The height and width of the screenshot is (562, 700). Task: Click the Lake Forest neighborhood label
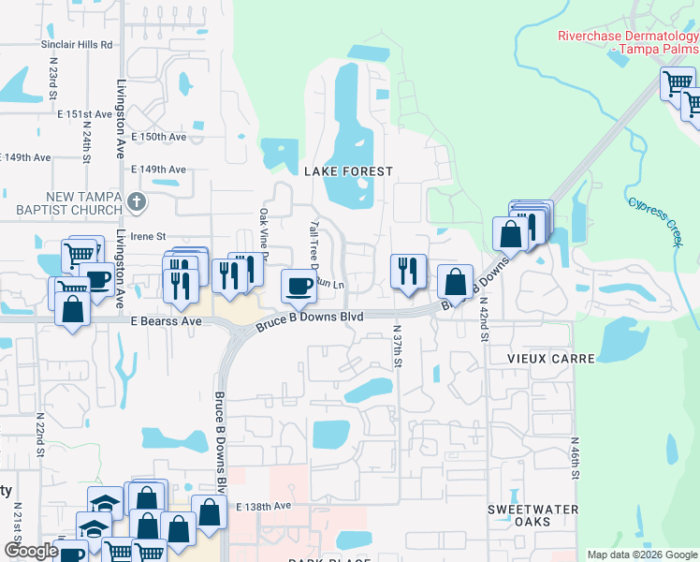347,170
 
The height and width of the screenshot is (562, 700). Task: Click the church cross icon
137,201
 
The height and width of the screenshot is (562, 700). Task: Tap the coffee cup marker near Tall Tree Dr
299,285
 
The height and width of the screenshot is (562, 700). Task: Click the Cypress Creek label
656,220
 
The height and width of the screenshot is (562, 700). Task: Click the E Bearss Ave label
167,321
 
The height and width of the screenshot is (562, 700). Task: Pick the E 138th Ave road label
264,506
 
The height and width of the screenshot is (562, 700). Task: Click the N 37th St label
398,346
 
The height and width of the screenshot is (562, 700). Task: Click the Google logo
31,551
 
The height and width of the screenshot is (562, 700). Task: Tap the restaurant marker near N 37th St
408,272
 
